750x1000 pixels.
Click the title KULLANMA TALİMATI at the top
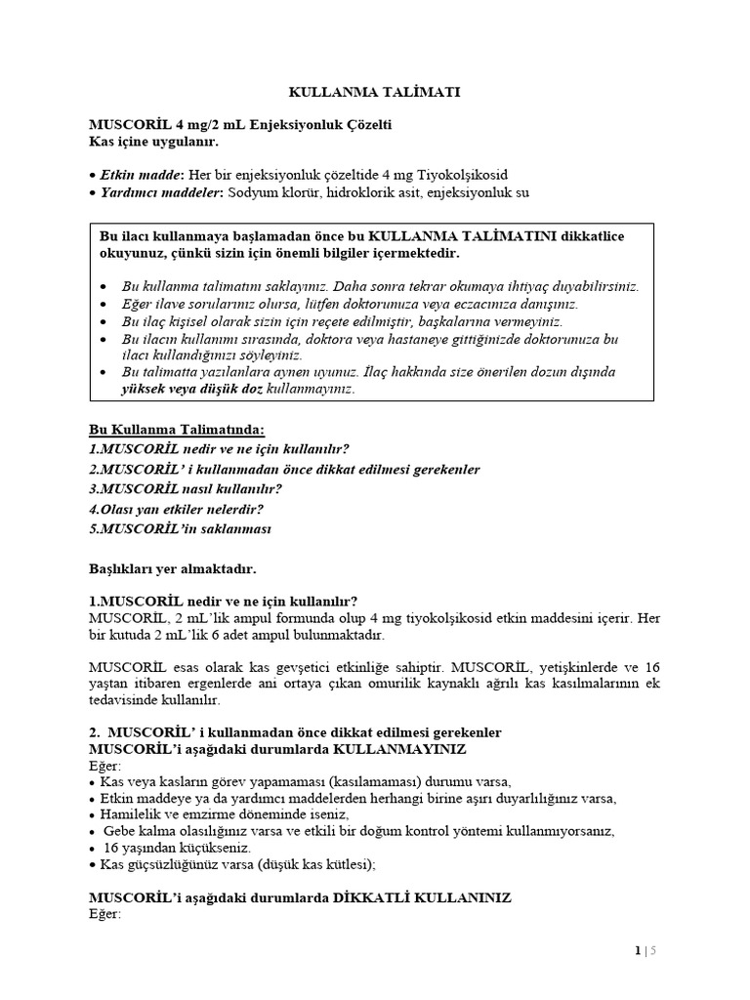point(375,92)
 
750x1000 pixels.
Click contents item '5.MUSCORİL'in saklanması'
point(180,528)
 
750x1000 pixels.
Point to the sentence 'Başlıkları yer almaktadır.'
point(172,566)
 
